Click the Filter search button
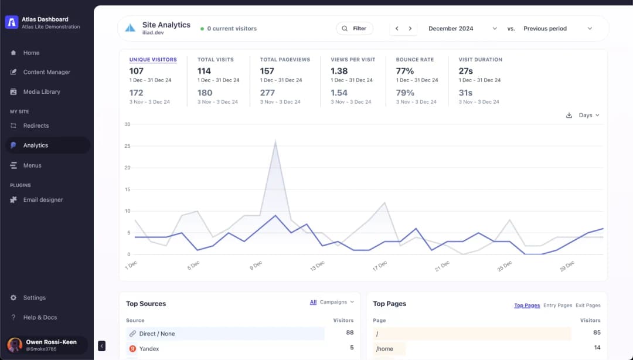click(x=355, y=28)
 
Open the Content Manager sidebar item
click(x=46, y=72)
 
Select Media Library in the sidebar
click(x=42, y=91)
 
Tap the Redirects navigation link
click(x=36, y=125)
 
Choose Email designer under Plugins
click(x=43, y=199)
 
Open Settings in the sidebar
click(x=35, y=298)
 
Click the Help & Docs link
click(x=40, y=317)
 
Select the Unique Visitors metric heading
click(x=153, y=59)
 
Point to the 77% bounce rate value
click(x=405, y=71)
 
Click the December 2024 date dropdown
click(x=462, y=28)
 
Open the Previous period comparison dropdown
click(x=557, y=28)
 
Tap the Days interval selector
click(x=589, y=115)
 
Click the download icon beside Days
click(x=569, y=115)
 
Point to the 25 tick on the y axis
click(x=128, y=146)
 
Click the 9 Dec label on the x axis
click(x=256, y=266)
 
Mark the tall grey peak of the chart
click(x=275, y=141)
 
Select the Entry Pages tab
click(x=557, y=305)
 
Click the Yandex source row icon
click(x=132, y=348)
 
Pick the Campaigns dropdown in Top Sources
click(x=336, y=302)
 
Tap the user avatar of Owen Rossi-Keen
click(x=15, y=345)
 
